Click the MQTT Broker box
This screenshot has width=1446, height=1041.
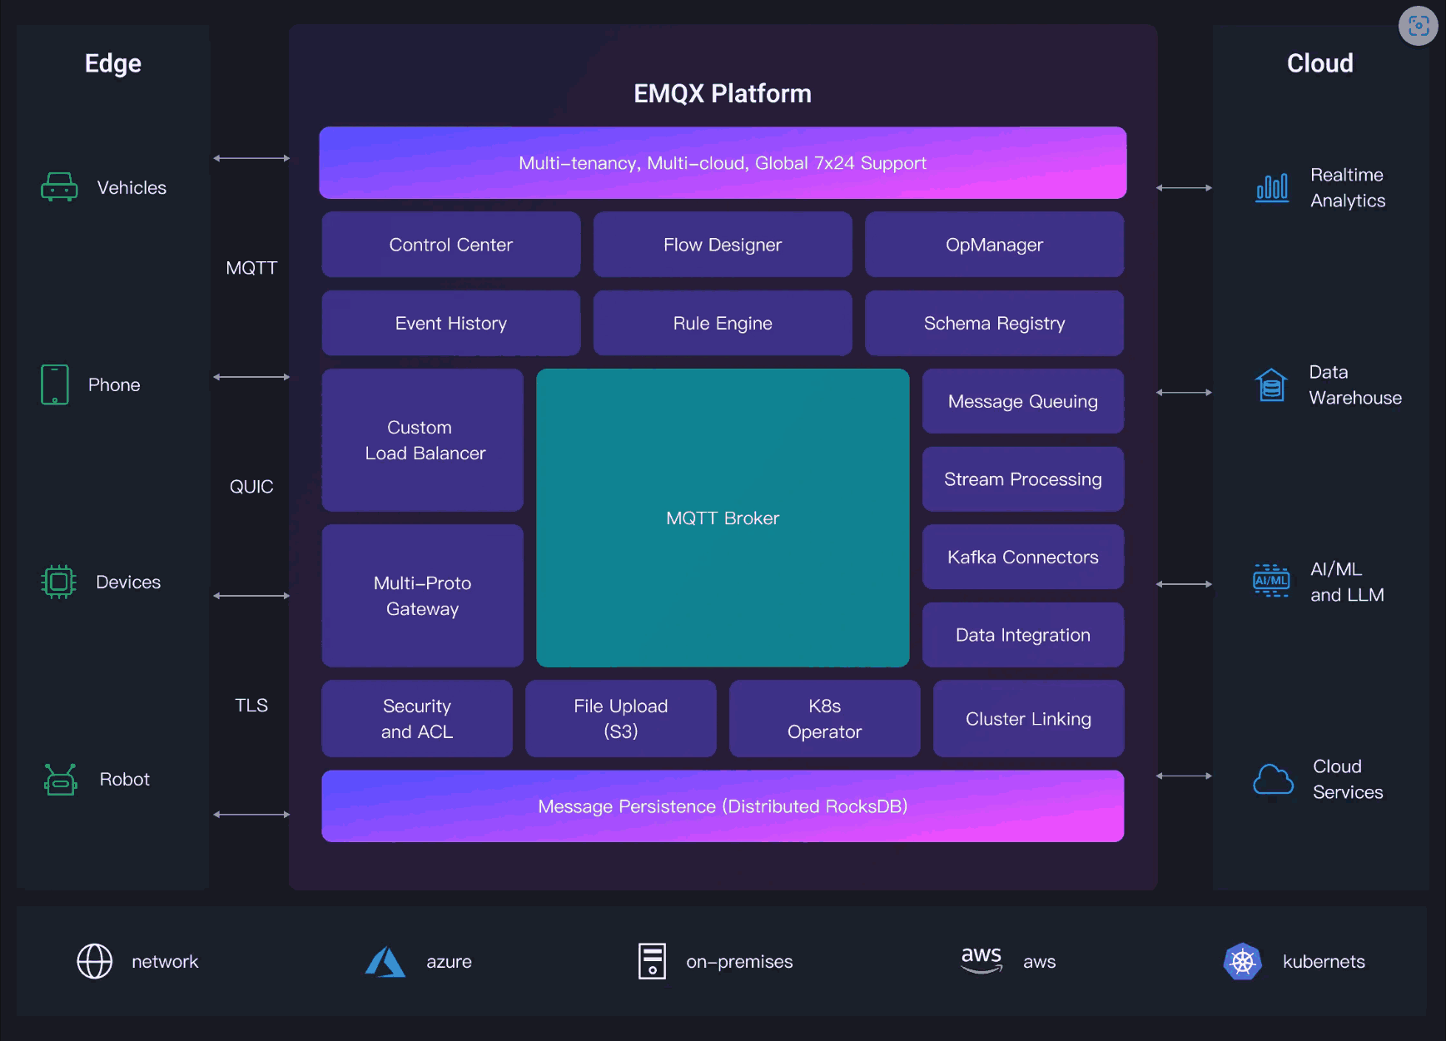(723, 518)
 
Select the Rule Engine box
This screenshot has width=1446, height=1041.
(723, 323)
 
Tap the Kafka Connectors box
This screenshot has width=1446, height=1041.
(1022, 557)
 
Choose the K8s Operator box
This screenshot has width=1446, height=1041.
(824, 718)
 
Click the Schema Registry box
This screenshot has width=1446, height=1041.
(994, 323)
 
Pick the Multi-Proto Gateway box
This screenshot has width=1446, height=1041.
(422, 596)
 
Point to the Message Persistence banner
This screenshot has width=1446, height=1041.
(723, 806)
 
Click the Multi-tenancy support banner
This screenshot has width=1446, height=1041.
(723, 163)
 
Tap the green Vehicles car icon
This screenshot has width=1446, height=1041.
(59, 187)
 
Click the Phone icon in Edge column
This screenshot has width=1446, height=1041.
(55, 384)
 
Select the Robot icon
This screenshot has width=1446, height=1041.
(61, 780)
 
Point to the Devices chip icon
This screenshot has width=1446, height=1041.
(58, 582)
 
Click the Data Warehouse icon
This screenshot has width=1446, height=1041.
(1271, 385)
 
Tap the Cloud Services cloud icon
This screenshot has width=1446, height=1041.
(1273, 780)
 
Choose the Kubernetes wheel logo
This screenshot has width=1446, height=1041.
(1242, 962)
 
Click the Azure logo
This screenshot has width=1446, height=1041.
(385, 962)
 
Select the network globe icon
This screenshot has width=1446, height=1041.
(95, 962)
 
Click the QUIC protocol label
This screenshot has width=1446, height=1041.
(251, 487)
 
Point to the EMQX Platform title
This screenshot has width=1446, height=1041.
(723, 93)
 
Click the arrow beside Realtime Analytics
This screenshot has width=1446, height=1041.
(1184, 188)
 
